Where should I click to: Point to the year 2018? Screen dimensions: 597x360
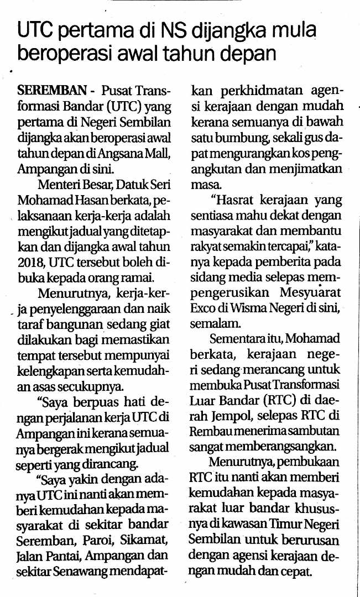(x=30, y=261)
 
